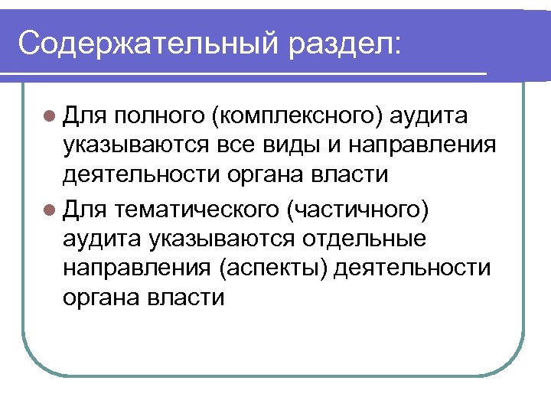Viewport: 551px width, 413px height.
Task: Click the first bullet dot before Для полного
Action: (50, 115)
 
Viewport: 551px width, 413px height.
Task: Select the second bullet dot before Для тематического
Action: (50, 207)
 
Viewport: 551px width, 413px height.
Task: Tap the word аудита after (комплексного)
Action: (431, 115)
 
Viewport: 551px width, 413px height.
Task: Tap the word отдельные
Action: (381, 238)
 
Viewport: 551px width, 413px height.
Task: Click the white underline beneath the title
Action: (253, 73)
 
